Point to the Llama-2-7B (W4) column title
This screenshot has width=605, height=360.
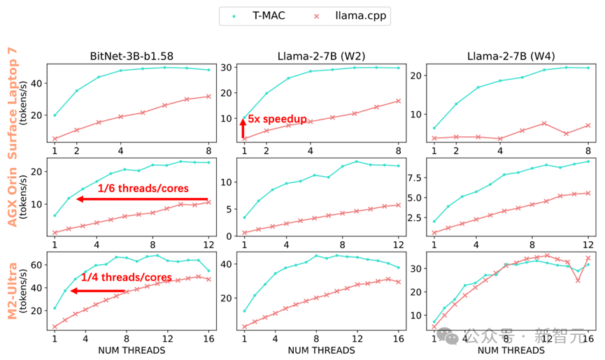tap(510, 56)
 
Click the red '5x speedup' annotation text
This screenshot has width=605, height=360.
tap(277, 120)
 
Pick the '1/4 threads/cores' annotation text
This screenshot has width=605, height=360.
tap(126, 278)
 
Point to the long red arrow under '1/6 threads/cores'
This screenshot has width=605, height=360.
tap(143, 199)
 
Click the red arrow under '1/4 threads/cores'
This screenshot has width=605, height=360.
tap(98, 291)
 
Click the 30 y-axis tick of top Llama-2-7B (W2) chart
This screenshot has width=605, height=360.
tap(227, 67)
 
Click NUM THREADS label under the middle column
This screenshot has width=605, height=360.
tap(320, 350)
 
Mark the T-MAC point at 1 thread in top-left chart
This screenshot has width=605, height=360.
tap(55, 115)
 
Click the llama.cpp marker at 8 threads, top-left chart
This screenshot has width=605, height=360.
tap(208, 96)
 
